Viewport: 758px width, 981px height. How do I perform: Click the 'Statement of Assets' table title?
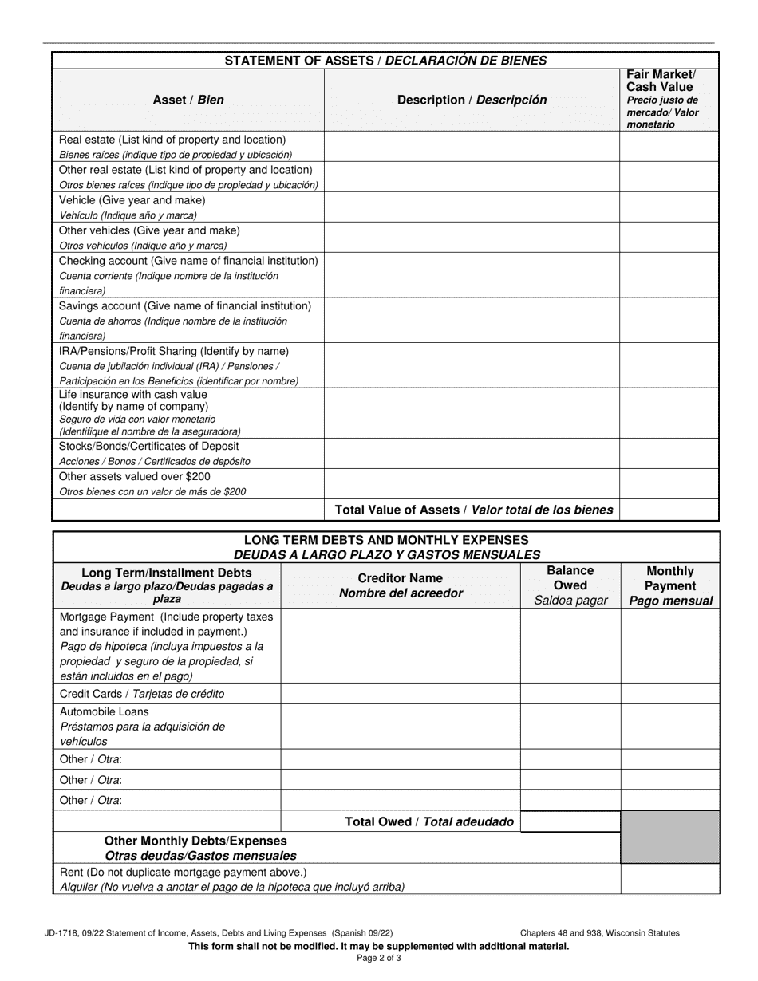point(385,61)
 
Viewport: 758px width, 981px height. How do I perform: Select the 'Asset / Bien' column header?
point(188,100)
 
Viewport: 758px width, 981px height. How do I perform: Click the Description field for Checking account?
point(472,275)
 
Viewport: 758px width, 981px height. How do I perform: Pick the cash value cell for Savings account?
point(669,321)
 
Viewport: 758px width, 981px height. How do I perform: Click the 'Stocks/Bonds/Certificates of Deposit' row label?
point(149,447)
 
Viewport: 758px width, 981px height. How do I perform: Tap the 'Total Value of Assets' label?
point(474,510)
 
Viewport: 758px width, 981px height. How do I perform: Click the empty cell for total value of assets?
point(669,510)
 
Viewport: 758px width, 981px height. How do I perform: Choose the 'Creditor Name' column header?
point(401,585)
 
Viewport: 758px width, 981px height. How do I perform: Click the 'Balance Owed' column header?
point(570,585)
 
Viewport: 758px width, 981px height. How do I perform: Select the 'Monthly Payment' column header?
point(670,585)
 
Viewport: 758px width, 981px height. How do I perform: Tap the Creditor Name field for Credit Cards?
point(401,694)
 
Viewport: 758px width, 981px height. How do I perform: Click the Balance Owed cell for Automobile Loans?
point(570,726)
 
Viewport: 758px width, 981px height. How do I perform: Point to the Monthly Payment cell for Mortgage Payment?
point(670,646)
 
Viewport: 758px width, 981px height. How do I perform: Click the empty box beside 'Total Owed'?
point(570,821)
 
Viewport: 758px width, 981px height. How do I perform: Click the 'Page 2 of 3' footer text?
point(379,959)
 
